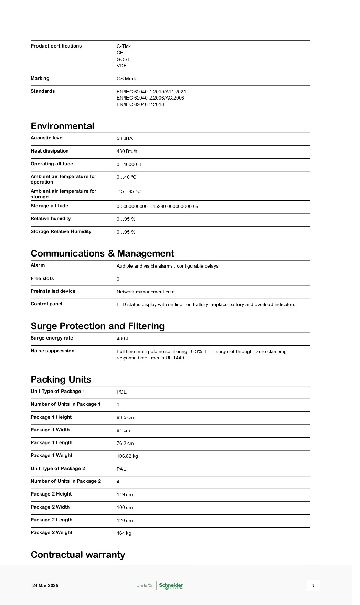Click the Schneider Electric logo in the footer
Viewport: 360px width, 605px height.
171,585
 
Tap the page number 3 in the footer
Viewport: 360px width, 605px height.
313,585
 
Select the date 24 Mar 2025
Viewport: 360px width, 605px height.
45,585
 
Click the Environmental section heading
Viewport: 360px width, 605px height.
62,126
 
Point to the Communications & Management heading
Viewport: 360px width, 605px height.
102,253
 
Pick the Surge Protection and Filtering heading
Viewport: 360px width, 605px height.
97,326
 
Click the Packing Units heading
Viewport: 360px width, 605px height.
61,379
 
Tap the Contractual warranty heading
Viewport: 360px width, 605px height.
78,555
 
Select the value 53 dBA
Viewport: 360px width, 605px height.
125,138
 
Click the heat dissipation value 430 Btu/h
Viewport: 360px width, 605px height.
127,151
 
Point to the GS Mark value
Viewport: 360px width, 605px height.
126,79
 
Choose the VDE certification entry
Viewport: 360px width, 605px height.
121,66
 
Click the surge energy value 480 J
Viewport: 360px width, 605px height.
123,338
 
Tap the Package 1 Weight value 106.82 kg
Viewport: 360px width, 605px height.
127,456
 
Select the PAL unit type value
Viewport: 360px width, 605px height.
121,469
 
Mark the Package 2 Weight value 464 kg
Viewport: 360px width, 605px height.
124,533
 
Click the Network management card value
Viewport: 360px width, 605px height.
146,292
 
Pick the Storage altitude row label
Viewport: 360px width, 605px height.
49,206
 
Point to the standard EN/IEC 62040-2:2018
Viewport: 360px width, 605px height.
140,104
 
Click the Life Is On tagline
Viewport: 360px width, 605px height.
145,585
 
